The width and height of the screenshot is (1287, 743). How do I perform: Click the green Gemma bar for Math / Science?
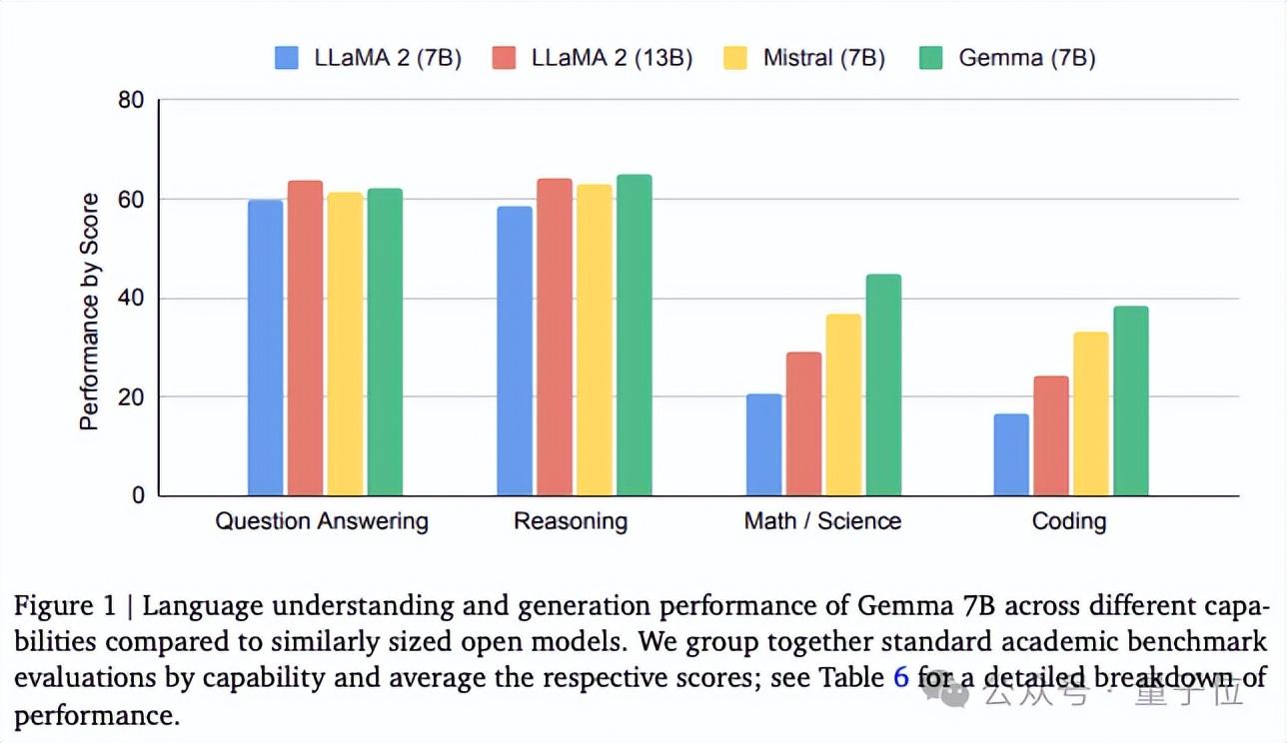[x=883, y=385]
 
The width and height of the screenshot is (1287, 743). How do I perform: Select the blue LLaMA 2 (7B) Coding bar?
[x=1011, y=455]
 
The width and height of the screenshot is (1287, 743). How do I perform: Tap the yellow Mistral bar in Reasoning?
[x=594, y=341]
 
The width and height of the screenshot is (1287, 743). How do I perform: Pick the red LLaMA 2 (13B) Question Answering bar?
[x=305, y=339]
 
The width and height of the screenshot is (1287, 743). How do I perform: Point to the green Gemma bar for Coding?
[x=1131, y=401]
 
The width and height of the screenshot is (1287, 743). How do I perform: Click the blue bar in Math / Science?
[x=763, y=445]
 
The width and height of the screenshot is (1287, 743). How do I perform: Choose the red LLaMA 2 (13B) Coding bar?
[x=1051, y=436]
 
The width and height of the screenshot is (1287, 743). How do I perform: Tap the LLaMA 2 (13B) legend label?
[x=612, y=58]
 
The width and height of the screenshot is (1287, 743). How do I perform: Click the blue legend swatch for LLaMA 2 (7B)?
[x=287, y=58]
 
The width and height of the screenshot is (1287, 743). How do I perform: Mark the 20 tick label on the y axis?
[x=132, y=397]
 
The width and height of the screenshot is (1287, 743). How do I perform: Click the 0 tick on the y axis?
[x=138, y=495]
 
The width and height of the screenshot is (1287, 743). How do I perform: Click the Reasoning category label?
[x=571, y=521]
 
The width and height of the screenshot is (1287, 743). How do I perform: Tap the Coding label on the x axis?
[x=1069, y=521]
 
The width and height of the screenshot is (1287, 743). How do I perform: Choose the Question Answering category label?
[x=322, y=521]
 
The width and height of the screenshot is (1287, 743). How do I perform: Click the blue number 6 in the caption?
[x=900, y=678]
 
